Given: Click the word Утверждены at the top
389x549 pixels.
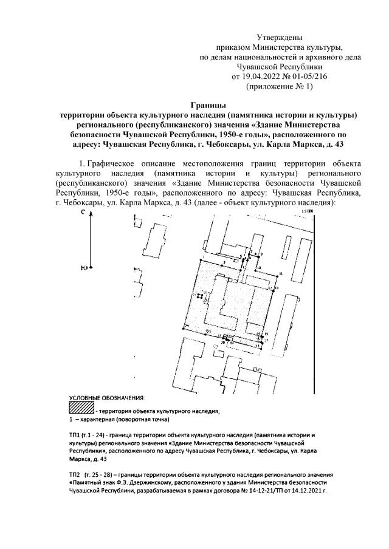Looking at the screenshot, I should (x=280, y=38).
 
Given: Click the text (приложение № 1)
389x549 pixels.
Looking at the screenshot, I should (x=279, y=86).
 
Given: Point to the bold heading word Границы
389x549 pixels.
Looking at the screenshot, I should (x=207, y=105).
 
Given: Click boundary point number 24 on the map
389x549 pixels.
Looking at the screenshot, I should (x=187, y=326).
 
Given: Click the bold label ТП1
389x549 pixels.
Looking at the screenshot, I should (x=75, y=436).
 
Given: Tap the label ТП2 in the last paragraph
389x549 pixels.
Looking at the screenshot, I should (x=75, y=473).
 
